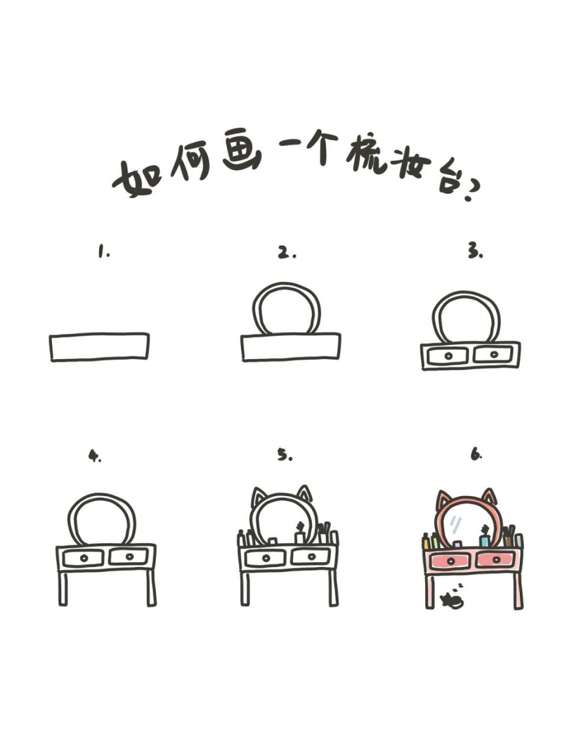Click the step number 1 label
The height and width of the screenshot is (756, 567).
pos(103,252)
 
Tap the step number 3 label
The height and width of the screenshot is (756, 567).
pos(475,252)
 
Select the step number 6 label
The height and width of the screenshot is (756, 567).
pos(476,455)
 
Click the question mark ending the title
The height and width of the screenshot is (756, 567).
pos(472,191)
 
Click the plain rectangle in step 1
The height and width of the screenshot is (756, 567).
pos(99,347)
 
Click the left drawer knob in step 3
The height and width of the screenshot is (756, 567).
pos(448,356)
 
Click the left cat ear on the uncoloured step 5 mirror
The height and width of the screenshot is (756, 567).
pos(258,497)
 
